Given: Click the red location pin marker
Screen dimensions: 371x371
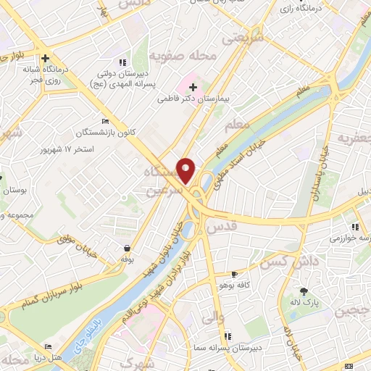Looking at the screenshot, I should [x=186, y=170].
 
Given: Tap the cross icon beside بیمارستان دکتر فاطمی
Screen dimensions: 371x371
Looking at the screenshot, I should [x=193, y=87].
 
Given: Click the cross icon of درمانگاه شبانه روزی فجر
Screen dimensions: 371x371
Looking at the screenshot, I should [x=46, y=58].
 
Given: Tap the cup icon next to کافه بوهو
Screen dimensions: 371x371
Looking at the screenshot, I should [x=233, y=275].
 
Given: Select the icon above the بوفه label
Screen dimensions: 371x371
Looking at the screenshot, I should [x=127, y=248].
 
